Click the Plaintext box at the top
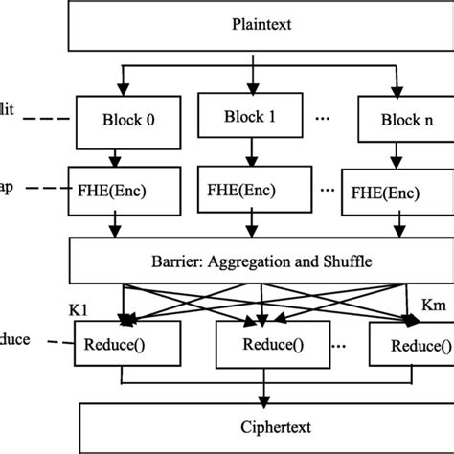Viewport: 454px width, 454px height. [254, 24]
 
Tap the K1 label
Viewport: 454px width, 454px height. [79, 311]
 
